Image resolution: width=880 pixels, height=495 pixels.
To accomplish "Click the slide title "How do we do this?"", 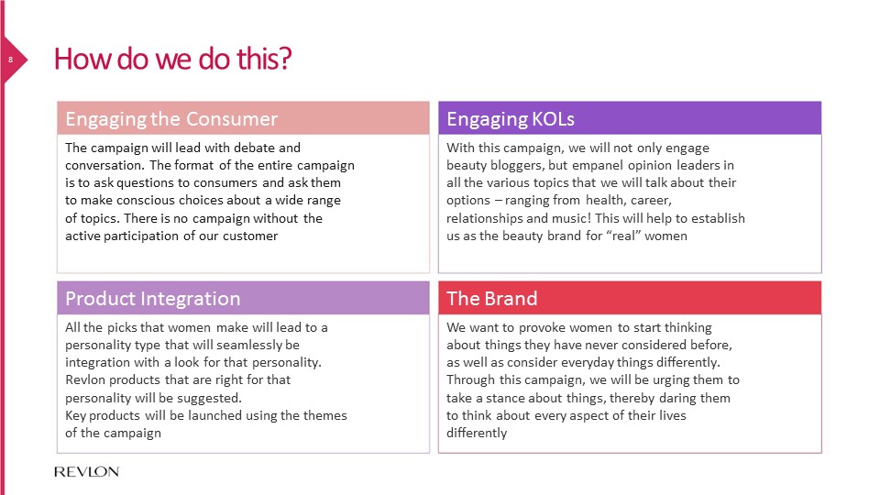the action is tap(173, 59).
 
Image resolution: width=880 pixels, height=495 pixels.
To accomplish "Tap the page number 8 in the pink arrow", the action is tap(10, 60).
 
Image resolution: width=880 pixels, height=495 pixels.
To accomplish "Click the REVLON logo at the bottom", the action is tap(87, 471).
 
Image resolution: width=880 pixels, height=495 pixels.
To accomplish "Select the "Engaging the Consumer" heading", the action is tap(171, 119).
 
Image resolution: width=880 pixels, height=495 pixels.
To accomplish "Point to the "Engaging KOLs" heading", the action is tap(511, 119).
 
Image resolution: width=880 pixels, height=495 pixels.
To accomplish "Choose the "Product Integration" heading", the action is tap(153, 299).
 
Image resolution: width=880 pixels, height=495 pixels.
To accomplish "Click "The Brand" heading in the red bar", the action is tap(491, 299).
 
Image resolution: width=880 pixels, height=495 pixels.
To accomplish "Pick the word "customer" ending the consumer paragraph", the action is tap(250, 236).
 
